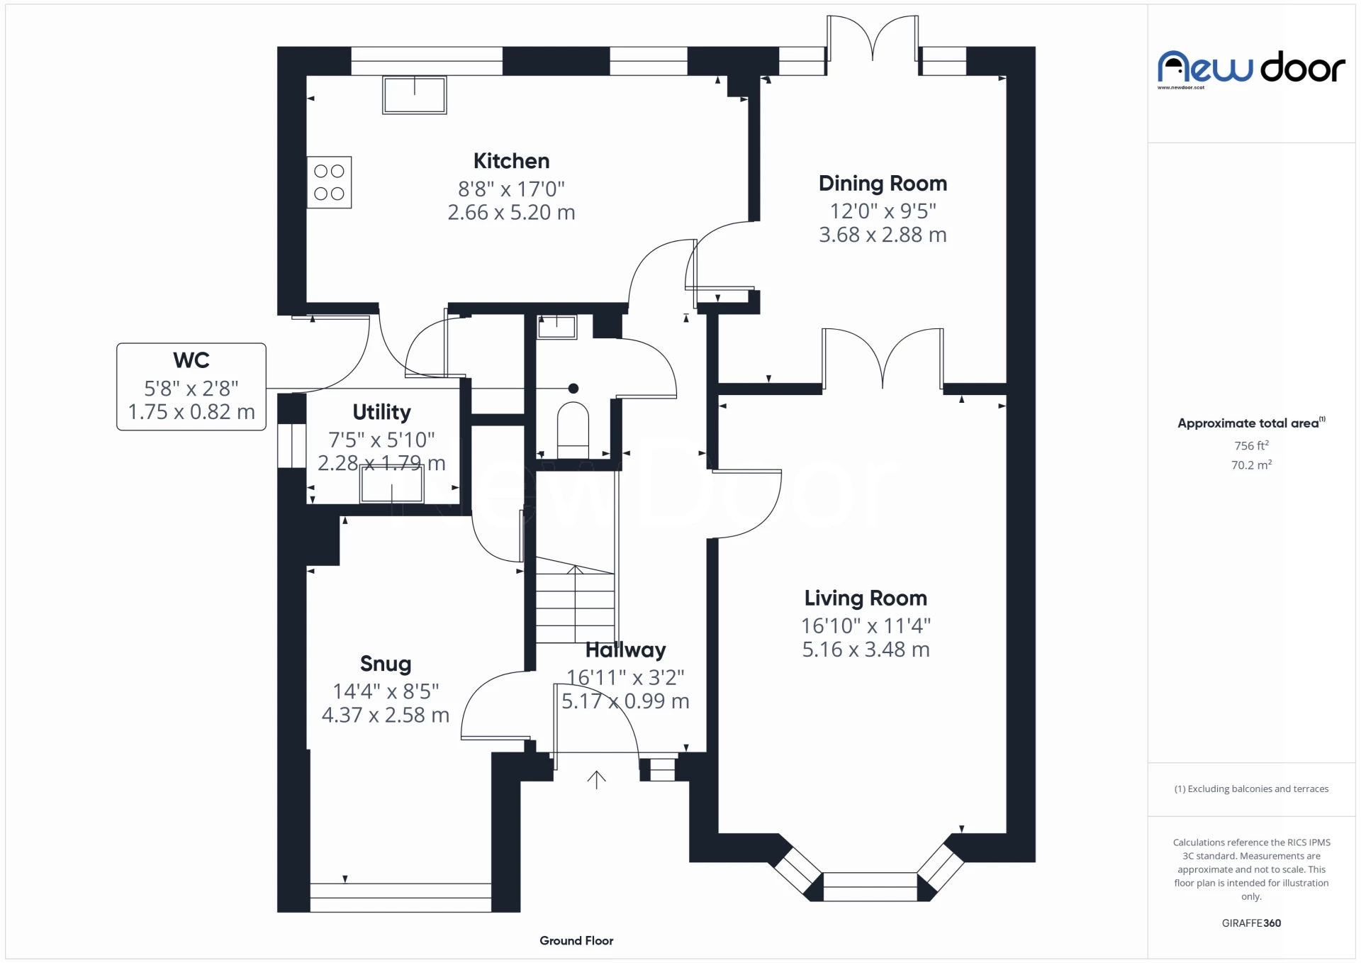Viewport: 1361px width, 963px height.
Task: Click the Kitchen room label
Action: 511,161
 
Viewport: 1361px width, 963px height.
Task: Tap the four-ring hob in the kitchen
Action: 329,182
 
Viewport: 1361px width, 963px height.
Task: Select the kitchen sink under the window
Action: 415,95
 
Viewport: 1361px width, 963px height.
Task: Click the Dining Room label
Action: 883,184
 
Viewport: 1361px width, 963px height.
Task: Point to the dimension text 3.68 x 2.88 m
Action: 883,235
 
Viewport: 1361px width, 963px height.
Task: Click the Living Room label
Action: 866,599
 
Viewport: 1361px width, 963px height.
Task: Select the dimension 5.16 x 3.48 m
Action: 866,650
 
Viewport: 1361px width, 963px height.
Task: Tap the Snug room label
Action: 386,664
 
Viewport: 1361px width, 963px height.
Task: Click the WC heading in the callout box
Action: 191,360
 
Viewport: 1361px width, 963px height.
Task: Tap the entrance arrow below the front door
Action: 596,780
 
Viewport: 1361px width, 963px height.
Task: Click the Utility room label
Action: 381,412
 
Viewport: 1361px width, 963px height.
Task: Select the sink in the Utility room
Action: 392,484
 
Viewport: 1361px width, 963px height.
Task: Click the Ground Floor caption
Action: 576,940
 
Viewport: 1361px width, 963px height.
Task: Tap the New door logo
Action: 1251,69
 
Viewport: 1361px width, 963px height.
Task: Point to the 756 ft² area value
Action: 1251,445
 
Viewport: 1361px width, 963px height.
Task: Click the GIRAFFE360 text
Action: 1251,923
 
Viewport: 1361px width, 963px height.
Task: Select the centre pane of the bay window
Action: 870,886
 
